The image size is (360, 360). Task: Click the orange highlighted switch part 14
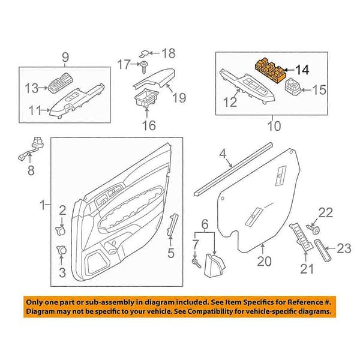[x=271, y=71]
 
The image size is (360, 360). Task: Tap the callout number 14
[x=302, y=70]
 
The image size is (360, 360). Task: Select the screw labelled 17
[x=145, y=67]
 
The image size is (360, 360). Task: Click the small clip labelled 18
[x=145, y=54]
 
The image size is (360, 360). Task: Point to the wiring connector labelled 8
[x=31, y=149]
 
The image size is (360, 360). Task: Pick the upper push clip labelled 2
[x=61, y=230]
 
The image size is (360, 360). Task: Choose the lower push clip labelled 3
[x=61, y=250]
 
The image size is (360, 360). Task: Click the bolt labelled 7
[x=196, y=263]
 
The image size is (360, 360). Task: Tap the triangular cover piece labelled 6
[x=214, y=265]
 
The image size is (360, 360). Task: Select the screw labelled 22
[x=313, y=229]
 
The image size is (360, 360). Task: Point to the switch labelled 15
[x=293, y=87]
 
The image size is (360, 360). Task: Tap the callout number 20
[x=264, y=261]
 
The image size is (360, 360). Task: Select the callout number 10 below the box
[x=274, y=126]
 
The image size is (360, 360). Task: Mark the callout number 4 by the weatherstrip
[x=223, y=154]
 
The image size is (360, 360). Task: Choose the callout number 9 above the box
[x=65, y=57]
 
